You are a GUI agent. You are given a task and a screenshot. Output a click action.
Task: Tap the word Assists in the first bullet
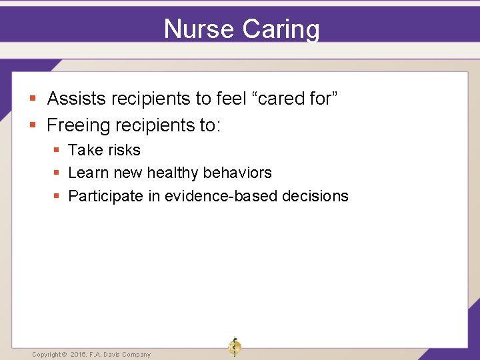(x=77, y=99)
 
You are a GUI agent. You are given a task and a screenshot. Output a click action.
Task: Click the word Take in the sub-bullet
(x=85, y=151)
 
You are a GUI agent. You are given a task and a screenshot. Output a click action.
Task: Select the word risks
(x=123, y=151)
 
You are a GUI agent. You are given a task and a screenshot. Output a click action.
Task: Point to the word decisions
(x=315, y=196)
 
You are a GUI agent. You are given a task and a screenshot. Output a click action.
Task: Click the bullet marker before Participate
(x=57, y=197)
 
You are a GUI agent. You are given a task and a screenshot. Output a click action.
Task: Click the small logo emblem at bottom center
(x=234, y=347)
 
